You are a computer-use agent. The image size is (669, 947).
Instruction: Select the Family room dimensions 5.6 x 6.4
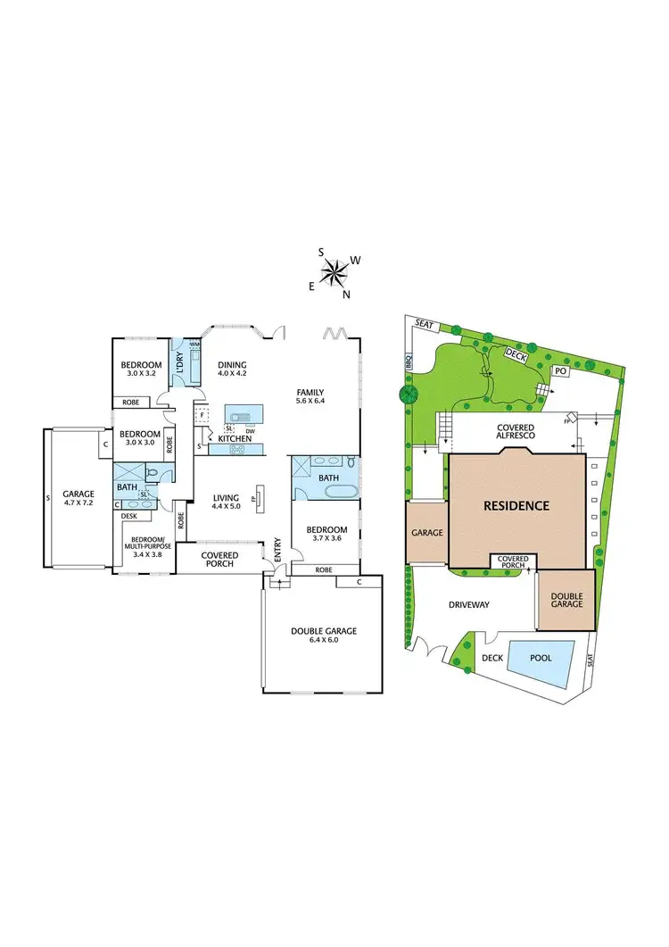pos(310,403)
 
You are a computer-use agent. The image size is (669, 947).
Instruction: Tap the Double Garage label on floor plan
pos(323,631)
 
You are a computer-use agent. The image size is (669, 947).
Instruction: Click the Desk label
pos(130,515)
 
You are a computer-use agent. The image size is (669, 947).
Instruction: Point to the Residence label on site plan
pos(516,505)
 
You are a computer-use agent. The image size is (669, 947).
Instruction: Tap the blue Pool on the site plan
pos(540,659)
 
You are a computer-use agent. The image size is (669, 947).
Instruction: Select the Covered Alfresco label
pos(516,432)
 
